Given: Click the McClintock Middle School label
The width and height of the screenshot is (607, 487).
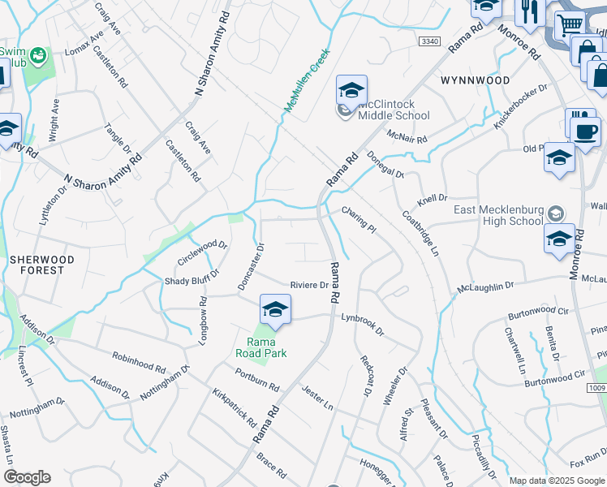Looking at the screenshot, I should point(394,110).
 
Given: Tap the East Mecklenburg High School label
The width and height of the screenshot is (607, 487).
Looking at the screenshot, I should point(498,214).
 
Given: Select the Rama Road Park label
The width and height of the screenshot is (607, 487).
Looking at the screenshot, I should point(261,347).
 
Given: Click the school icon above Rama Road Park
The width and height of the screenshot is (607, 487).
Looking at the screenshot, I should point(275,310).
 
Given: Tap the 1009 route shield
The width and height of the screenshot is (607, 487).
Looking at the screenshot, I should point(596,388).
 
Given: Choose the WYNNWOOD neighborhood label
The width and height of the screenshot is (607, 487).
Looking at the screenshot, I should point(476,80).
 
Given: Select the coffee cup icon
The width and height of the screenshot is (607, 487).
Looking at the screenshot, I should point(586,131).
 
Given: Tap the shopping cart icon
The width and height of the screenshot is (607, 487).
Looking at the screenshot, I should point(568,25).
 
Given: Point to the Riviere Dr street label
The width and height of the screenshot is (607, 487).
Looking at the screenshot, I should point(309,285).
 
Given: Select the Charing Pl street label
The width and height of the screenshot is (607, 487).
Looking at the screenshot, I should point(358,219).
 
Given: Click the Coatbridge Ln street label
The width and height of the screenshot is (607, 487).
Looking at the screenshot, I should point(420,235).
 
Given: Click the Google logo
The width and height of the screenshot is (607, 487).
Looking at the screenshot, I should point(27,477).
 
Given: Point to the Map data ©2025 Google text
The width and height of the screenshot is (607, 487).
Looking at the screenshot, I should point(555,481).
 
